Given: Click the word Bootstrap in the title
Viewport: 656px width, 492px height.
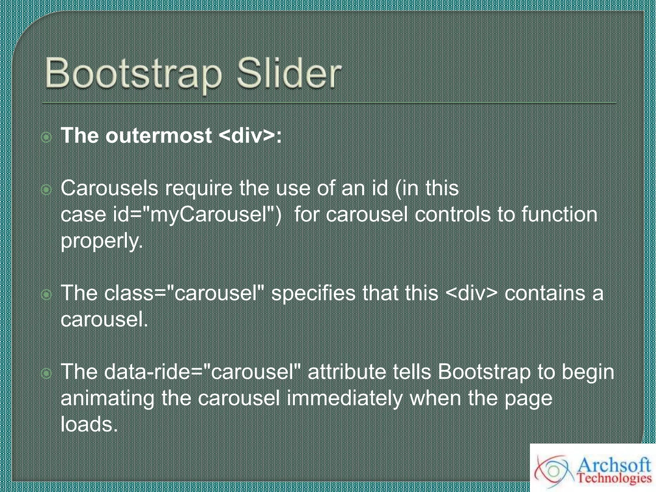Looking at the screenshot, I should (x=133, y=74).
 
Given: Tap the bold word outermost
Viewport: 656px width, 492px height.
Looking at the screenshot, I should (x=159, y=135).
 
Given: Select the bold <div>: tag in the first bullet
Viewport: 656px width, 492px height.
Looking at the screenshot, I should (x=250, y=135).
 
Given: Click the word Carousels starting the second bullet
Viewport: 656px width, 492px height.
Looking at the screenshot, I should (x=109, y=188).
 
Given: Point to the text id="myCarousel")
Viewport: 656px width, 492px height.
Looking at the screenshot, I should (x=197, y=214).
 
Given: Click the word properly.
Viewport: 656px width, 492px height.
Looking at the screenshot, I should (x=102, y=241).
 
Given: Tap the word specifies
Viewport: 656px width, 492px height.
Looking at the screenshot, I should (x=313, y=293).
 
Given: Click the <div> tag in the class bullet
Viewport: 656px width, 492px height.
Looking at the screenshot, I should (x=471, y=293).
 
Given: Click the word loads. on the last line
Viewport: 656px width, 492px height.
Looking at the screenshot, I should (x=89, y=424).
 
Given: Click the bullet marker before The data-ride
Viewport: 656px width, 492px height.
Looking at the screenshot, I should (x=47, y=373).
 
